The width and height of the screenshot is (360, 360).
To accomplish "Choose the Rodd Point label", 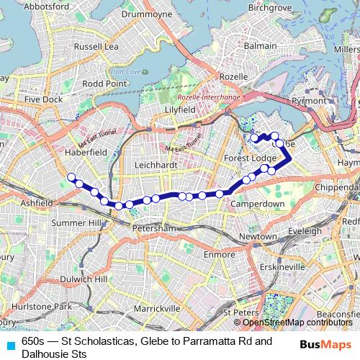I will (104, 84).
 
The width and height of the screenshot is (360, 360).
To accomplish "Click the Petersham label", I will (154, 228).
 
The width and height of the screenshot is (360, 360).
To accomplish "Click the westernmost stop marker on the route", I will (71, 176).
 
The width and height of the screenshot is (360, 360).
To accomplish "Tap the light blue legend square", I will (10, 343).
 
